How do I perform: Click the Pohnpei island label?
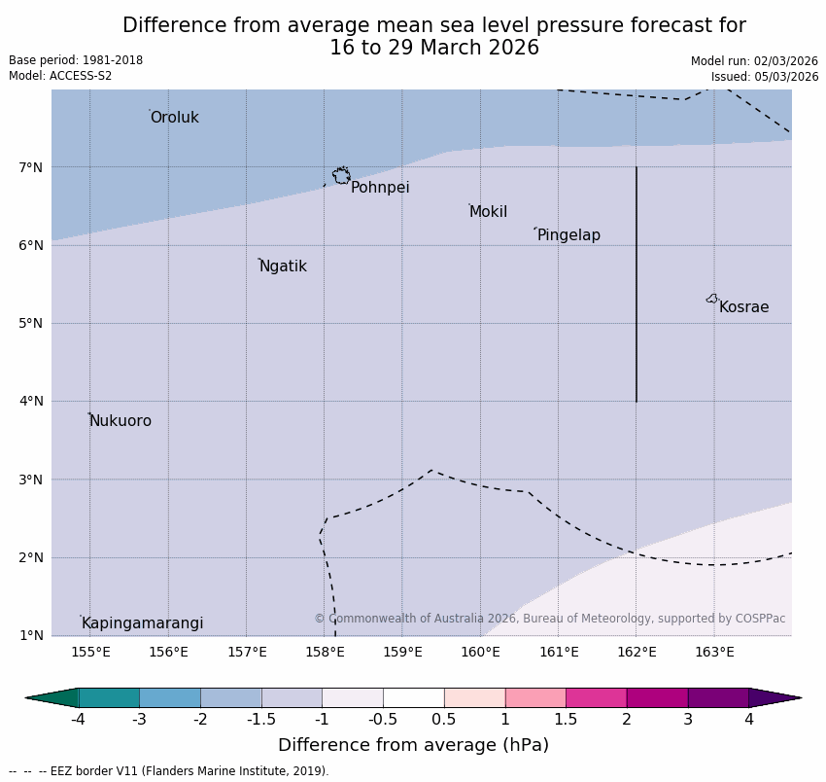(x=380, y=188)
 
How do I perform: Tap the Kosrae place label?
(x=743, y=307)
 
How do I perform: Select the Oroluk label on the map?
(x=174, y=118)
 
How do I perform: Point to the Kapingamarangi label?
(x=142, y=623)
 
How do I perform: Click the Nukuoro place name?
(x=120, y=421)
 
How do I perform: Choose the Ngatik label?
(x=283, y=267)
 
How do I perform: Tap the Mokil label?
(x=488, y=212)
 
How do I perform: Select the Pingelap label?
(x=568, y=235)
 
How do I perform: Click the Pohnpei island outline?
(x=341, y=176)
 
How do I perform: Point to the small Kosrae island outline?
(x=712, y=299)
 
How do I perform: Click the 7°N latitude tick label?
(x=31, y=167)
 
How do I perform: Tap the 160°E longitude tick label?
(x=480, y=652)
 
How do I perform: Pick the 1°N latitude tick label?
(x=31, y=635)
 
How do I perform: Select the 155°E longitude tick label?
(x=90, y=652)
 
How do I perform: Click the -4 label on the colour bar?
(x=78, y=720)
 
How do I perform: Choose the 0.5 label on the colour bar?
(x=444, y=720)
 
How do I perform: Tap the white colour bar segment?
(x=413, y=697)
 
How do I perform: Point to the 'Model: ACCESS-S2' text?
(x=60, y=76)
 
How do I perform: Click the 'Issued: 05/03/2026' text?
(x=764, y=77)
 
